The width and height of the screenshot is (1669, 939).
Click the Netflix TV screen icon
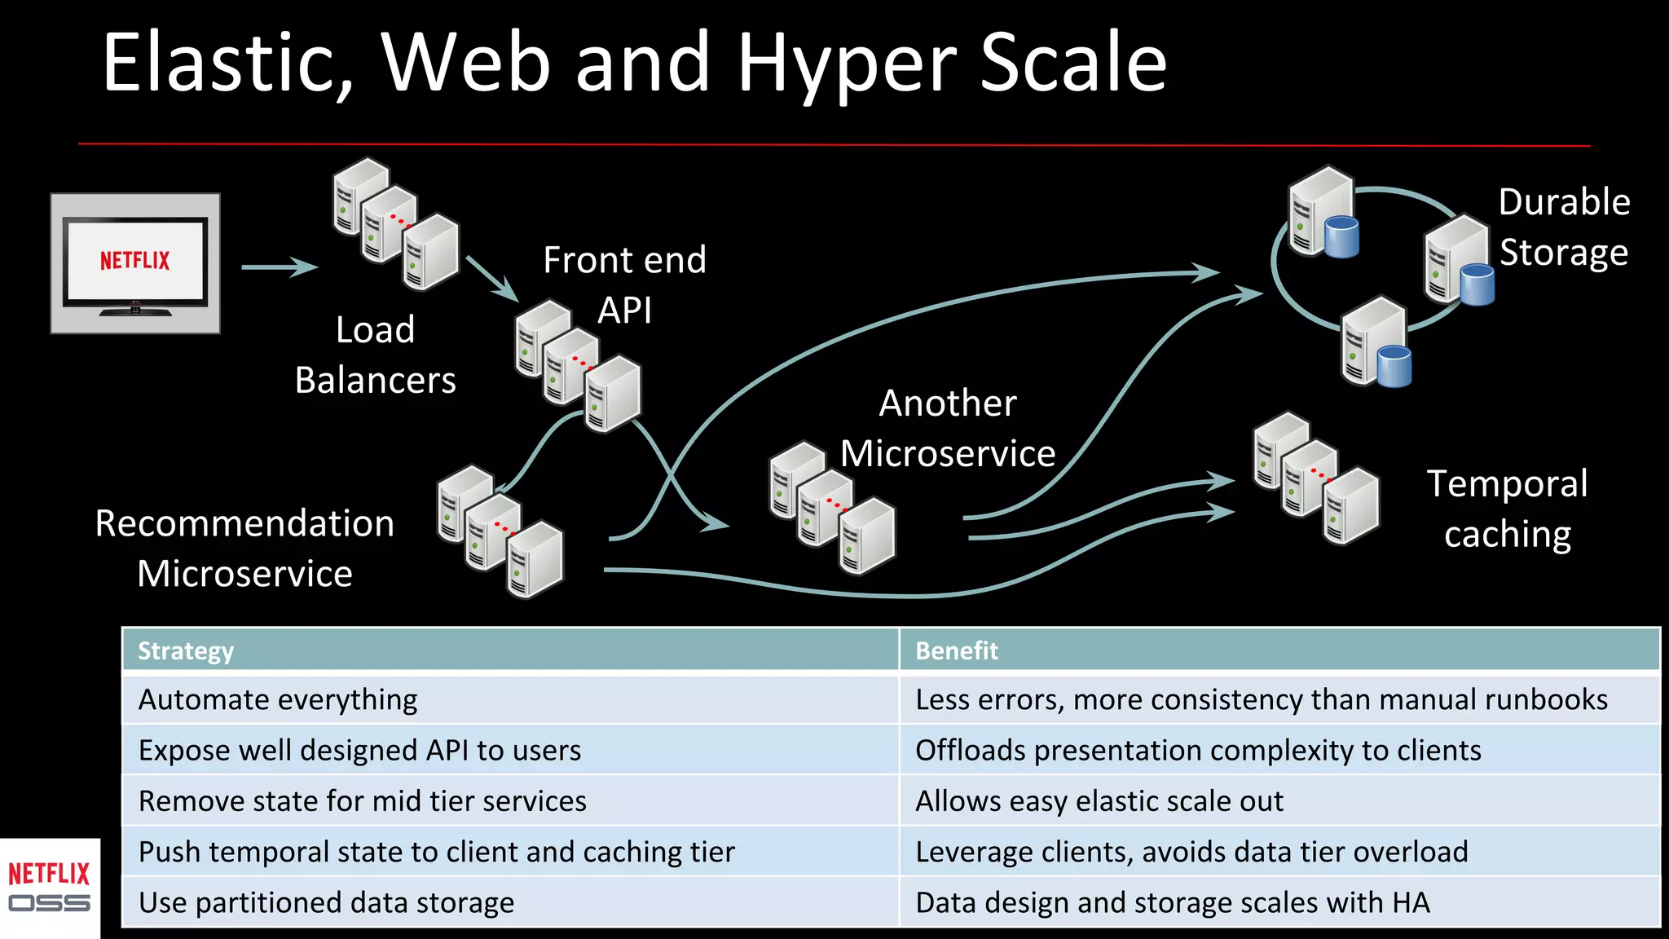click(135, 263)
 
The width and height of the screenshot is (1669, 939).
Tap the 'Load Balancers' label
click(375, 355)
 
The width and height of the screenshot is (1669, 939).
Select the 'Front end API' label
click(624, 284)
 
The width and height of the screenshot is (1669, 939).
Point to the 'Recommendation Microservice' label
click(244, 548)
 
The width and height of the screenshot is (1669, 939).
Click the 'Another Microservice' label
click(948, 428)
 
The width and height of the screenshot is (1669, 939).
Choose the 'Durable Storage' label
click(1563, 227)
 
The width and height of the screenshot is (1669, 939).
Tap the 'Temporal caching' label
click(1507, 509)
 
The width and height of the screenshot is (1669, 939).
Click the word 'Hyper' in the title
click(848, 64)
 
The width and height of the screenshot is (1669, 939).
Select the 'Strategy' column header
click(186, 650)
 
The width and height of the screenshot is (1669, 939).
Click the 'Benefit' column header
click(956, 650)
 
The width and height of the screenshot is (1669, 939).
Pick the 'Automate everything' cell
click(278, 699)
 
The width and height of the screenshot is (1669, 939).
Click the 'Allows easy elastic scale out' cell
click(1099, 800)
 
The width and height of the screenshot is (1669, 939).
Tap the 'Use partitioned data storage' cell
click(326, 902)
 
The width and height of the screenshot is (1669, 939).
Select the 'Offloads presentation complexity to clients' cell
click(1198, 750)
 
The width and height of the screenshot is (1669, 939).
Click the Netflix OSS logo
click(49, 888)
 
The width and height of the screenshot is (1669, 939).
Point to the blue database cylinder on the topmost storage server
click(1341, 236)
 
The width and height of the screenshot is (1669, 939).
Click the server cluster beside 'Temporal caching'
click(1315, 478)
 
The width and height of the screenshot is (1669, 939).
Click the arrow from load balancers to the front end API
click(492, 278)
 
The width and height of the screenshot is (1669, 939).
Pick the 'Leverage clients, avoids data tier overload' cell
click(1191, 852)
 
